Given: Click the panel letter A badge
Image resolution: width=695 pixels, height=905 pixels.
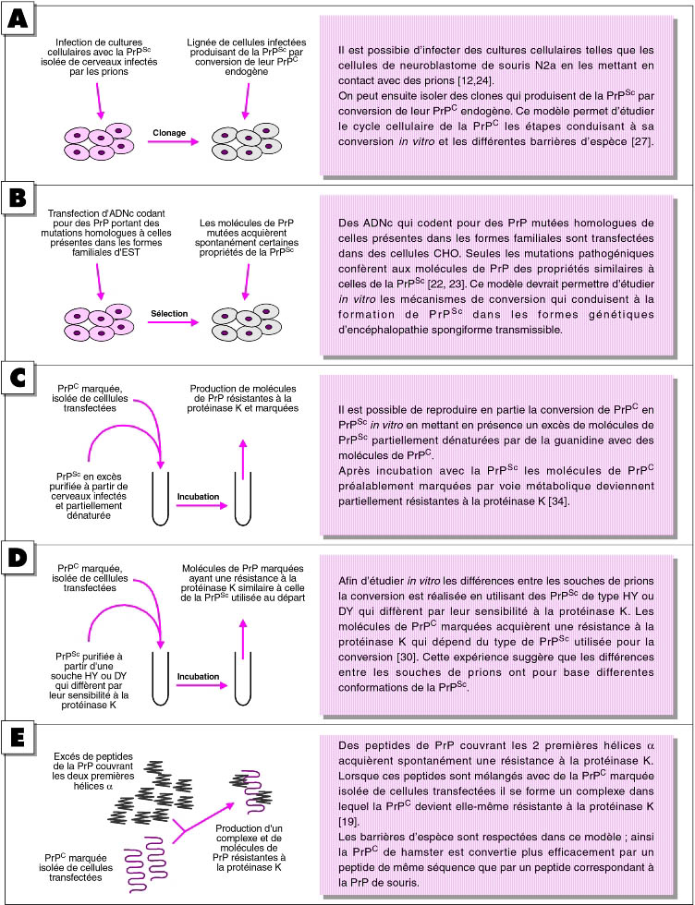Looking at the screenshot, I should coord(18,18).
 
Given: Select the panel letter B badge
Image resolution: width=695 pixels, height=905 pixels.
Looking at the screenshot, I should coord(18,198).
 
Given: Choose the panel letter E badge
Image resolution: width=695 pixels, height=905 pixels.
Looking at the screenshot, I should coord(18,740).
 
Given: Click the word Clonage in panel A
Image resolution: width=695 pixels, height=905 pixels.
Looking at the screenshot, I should coord(174,133).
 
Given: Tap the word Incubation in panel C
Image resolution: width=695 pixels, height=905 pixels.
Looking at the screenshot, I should coord(198,497).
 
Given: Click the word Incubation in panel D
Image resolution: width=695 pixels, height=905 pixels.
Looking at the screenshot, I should coord(198,676).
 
